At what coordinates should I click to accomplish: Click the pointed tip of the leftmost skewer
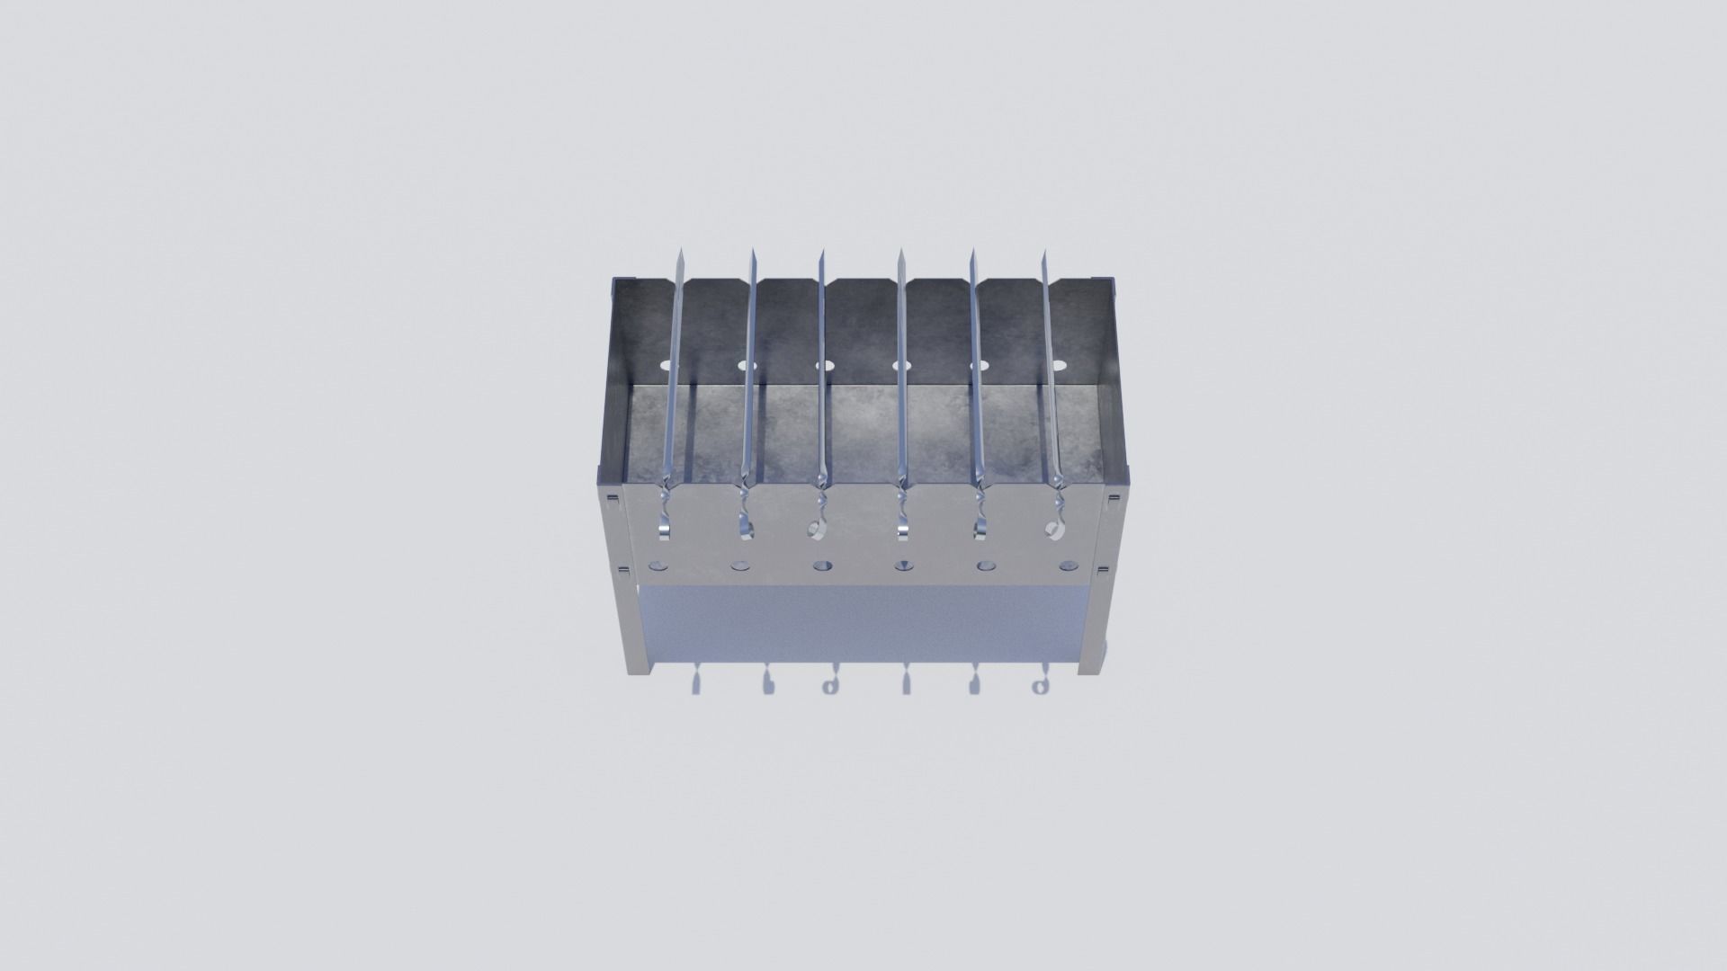681,252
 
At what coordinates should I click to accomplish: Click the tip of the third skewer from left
820,253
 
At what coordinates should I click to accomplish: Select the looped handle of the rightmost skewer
1056,528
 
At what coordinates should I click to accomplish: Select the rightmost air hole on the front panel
1068,566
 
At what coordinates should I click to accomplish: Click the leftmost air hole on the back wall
666,366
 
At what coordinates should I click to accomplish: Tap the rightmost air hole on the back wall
1060,366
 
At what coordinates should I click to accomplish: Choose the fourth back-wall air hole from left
901,366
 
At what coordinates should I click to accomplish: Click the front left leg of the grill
637,629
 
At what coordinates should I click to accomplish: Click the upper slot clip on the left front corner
612,498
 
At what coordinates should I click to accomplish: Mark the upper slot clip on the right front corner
1114,499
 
